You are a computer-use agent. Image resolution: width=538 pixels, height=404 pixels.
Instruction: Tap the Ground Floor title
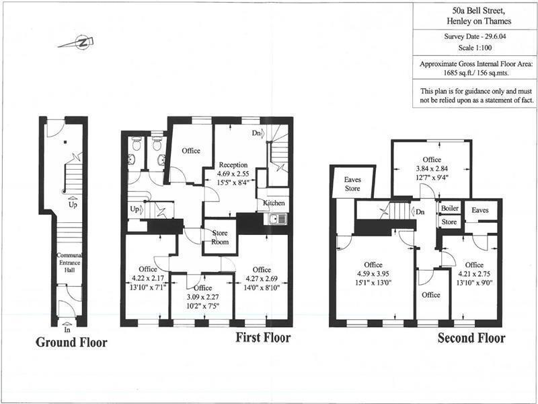[x=71, y=342]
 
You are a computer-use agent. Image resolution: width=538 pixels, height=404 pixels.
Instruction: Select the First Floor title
[x=262, y=337]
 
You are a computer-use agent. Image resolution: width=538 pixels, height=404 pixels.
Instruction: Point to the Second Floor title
[x=471, y=338]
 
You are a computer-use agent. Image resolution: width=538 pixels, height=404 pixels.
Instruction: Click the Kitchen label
[x=274, y=203]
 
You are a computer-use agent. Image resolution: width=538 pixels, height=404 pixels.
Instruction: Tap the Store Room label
[x=220, y=237]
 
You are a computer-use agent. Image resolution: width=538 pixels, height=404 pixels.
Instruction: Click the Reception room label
[x=233, y=165]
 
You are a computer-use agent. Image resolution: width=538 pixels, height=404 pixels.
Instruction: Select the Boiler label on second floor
[x=449, y=209]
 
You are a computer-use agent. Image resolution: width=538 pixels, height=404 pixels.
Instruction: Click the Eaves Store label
[x=352, y=184]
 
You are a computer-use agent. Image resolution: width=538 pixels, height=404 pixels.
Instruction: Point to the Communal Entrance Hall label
[x=69, y=262]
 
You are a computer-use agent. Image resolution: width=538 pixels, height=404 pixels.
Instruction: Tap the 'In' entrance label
[x=67, y=331]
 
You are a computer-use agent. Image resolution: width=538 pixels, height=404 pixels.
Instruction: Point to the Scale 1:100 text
[x=475, y=49]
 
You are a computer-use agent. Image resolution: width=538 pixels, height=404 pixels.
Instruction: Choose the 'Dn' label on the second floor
[x=420, y=211]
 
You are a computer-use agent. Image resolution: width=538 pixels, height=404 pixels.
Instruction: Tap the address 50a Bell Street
[x=475, y=11]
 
